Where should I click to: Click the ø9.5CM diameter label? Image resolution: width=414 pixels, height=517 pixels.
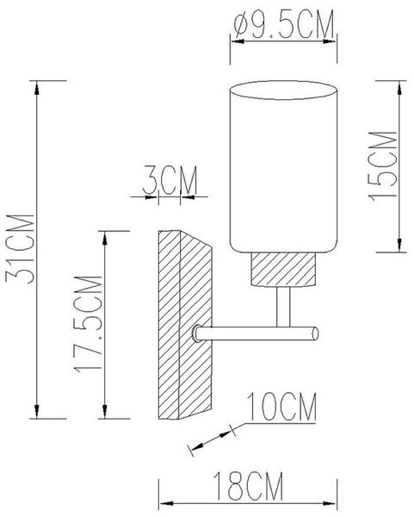(x=283, y=25)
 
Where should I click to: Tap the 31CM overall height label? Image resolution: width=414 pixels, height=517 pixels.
(x=20, y=249)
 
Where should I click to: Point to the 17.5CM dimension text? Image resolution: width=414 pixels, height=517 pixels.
(x=88, y=324)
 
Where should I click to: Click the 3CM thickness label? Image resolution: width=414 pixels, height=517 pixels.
(x=170, y=180)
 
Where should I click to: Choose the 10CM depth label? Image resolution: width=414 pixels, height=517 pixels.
(x=281, y=407)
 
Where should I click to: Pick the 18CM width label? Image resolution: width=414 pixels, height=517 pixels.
(x=248, y=486)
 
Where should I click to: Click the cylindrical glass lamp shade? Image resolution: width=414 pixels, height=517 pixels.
(x=283, y=167)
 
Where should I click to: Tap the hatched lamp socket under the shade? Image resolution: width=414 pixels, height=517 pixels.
(x=283, y=270)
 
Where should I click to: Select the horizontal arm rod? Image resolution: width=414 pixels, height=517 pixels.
(x=256, y=333)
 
